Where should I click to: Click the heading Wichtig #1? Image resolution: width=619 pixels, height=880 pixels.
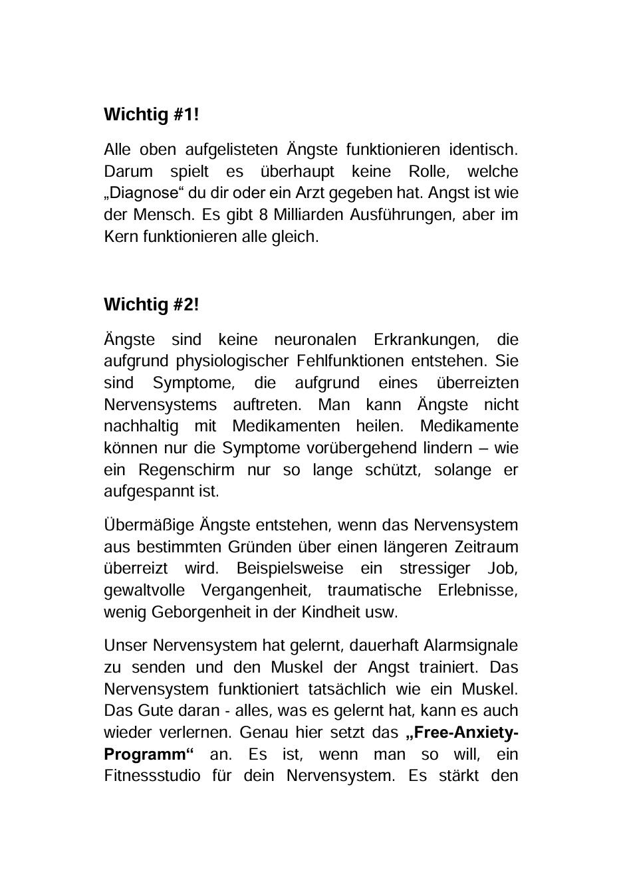(x=151, y=115)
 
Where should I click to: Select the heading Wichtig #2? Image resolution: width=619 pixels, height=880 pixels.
(x=151, y=305)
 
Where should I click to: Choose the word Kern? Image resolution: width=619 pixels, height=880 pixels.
(x=121, y=237)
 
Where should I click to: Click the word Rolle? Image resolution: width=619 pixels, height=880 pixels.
(x=429, y=171)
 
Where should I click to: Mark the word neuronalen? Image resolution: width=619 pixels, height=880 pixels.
(x=314, y=340)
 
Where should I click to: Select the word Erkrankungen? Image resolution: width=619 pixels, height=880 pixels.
(x=426, y=340)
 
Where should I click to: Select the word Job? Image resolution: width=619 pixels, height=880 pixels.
(x=503, y=569)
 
